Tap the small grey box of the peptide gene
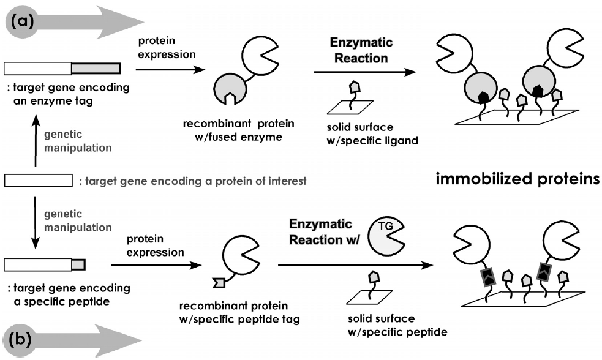(78, 264)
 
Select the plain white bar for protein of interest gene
(38, 181)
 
